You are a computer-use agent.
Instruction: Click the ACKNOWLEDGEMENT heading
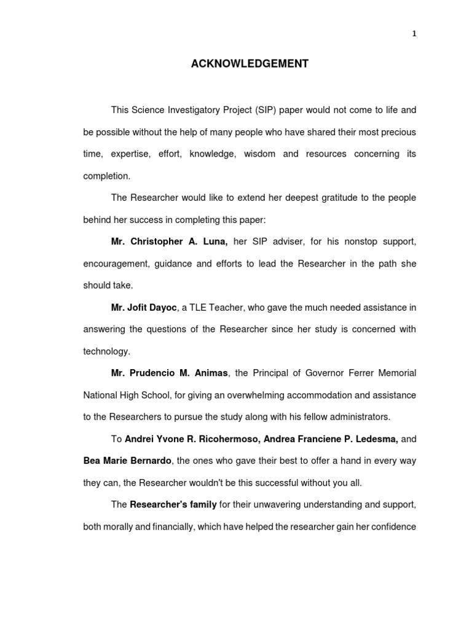click(x=250, y=63)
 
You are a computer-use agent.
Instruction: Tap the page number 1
click(x=414, y=34)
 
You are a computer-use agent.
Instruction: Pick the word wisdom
click(x=259, y=154)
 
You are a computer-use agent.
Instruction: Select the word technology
click(x=106, y=351)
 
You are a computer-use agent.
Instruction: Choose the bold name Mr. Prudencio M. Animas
click(x=170, y=373)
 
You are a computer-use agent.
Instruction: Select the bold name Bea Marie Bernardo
click(x=127, y=461)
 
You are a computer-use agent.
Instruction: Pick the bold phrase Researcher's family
click(x=173, y=504)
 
